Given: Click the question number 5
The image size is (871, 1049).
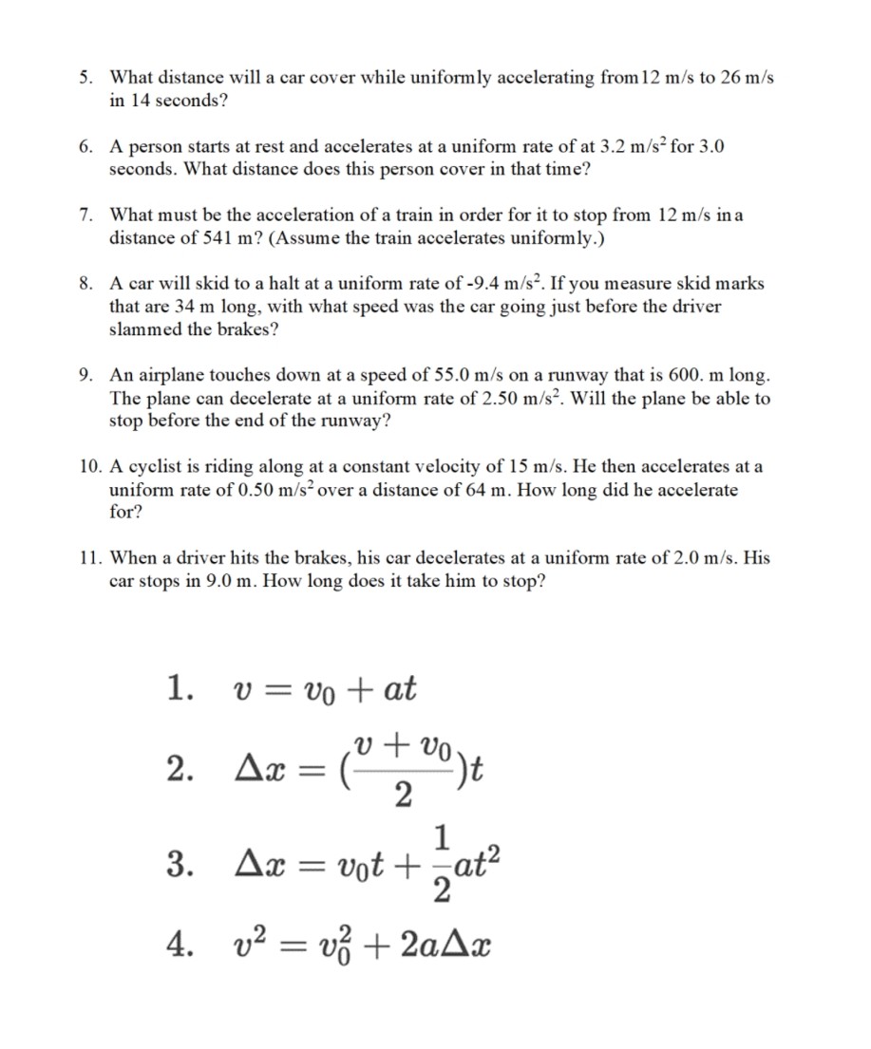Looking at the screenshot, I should pyautogui.click(x=85, y=78).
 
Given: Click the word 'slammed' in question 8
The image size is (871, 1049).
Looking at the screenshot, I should pyautogui.click(x=143, y=328).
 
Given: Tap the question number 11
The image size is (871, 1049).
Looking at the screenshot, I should pyautogui.click(x=88, y=558).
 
